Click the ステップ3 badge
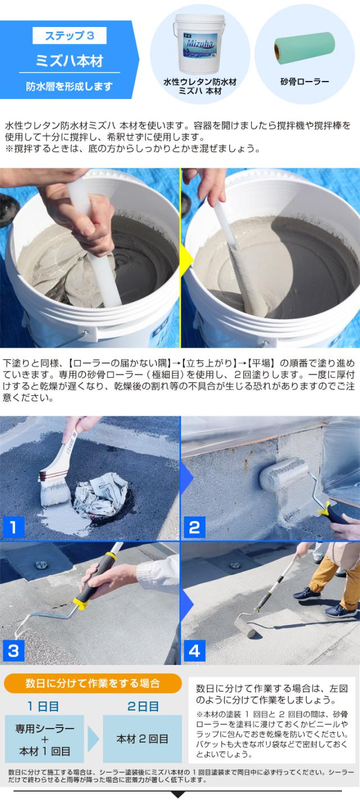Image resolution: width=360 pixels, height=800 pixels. (x=69, y=37)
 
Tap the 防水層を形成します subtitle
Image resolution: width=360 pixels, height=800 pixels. (x=69, y=86)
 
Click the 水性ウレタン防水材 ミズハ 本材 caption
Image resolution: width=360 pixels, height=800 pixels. (x=199, y=86)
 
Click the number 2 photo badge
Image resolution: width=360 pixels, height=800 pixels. (x=194, y=527)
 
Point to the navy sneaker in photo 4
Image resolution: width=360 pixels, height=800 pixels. (x=308, y=594)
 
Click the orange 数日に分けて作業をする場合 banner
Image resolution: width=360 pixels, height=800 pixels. (x=93, y=684)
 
